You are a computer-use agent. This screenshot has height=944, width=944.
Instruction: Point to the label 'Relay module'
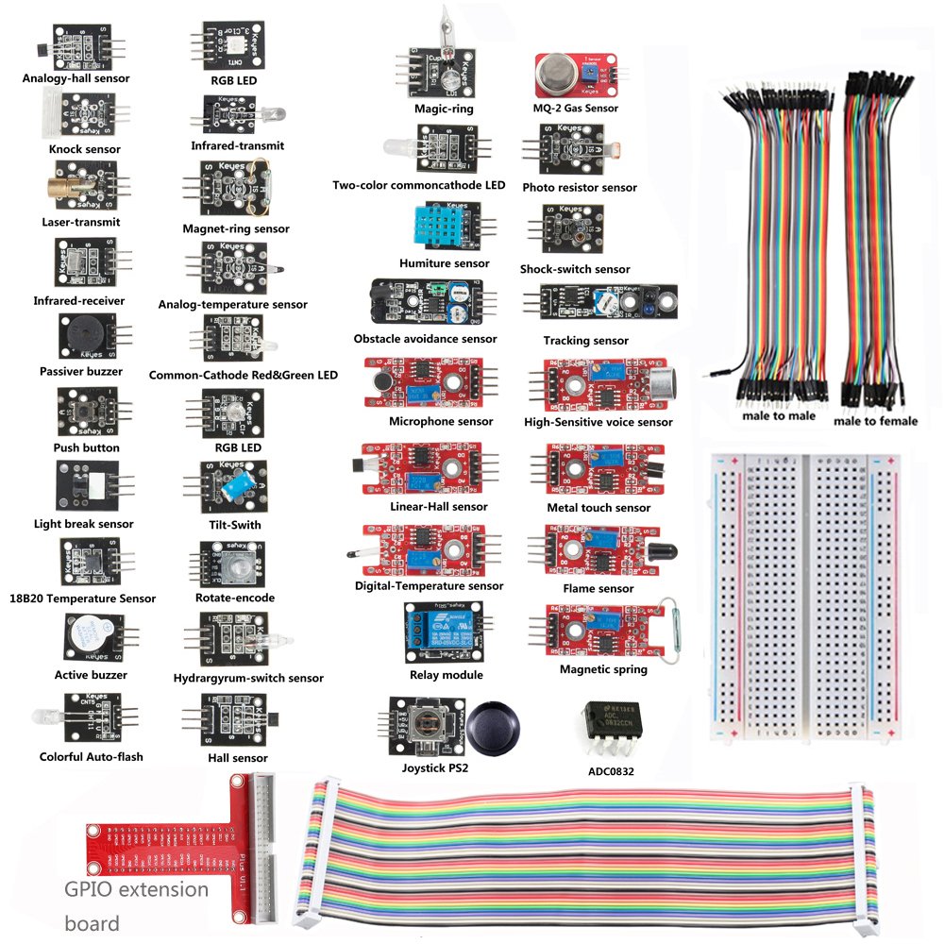point(447,675)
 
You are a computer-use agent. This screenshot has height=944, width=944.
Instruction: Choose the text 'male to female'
point(875,421)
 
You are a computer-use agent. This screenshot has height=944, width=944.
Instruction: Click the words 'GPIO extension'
point(136,889)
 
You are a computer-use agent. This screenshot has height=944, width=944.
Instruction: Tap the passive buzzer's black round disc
point(80,333)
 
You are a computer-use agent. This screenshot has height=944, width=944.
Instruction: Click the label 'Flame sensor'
point(598,588)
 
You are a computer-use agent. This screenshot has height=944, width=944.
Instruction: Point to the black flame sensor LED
point(656,548)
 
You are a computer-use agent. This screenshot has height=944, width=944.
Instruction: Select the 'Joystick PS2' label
point(435,767)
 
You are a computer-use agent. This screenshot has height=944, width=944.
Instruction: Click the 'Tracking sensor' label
point(585,340)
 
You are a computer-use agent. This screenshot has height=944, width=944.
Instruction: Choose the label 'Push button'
point(87,447)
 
